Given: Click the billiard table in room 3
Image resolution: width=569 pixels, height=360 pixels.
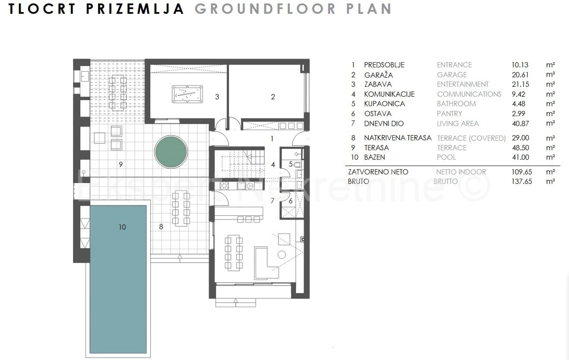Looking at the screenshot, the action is (187, 94).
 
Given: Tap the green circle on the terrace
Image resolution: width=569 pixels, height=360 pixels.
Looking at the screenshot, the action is (171, 152).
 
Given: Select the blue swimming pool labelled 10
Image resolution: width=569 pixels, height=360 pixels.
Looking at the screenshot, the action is (118, 279).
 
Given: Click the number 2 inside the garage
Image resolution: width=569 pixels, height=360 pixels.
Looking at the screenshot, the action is (273, 97).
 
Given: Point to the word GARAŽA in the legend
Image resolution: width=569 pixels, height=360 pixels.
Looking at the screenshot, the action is (378, 75).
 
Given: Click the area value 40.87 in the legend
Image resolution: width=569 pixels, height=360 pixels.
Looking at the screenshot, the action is (521, 124).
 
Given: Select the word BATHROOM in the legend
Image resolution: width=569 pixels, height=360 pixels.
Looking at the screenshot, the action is (456, 104).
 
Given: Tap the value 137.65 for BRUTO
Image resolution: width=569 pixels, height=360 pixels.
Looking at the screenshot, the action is (522, 181).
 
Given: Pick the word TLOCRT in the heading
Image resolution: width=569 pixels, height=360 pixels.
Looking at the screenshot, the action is (42, 9).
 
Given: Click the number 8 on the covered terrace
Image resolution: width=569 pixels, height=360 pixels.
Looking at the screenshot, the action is (161, 227).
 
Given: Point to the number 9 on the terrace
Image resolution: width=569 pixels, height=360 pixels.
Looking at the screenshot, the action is (121, 165).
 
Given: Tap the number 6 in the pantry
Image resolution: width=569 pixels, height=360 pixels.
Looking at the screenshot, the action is (291, 201).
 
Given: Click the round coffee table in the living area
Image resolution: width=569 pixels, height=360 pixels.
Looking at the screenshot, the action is (282, 255).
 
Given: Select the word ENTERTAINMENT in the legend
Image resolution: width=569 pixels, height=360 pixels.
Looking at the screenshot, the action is (463, 84).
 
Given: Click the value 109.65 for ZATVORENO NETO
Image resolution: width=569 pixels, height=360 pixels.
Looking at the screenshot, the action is (522, 172).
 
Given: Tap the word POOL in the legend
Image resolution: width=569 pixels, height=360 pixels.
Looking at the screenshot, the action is (446, 157).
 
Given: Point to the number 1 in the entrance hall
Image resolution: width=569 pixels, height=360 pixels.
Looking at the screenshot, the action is (272, 138).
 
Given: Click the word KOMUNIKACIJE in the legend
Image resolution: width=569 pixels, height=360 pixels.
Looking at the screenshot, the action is (389, 94).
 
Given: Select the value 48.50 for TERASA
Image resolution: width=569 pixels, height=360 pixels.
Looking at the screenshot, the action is (521, 148).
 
